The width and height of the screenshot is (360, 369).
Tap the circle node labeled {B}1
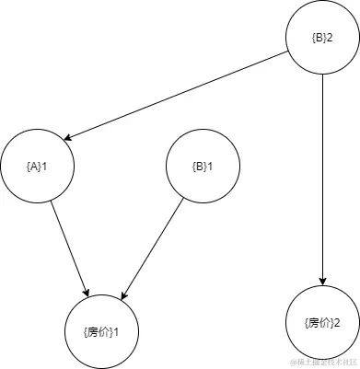pyautogui.click(x=201, y=167)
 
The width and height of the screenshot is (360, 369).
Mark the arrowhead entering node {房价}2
pyautogui.click(x=322, y=281)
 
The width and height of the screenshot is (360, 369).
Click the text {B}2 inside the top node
pyautogui.click(x=322, y=39)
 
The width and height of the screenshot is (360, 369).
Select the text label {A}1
pyautogui.click(x=38, y=167)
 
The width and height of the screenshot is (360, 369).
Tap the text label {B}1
pyautogui.click(x=201, y=167)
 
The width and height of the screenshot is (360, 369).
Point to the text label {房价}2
pyautogui.click(x=322, y=322)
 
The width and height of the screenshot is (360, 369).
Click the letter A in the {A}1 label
pyautogui.click(x=36, y=167)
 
